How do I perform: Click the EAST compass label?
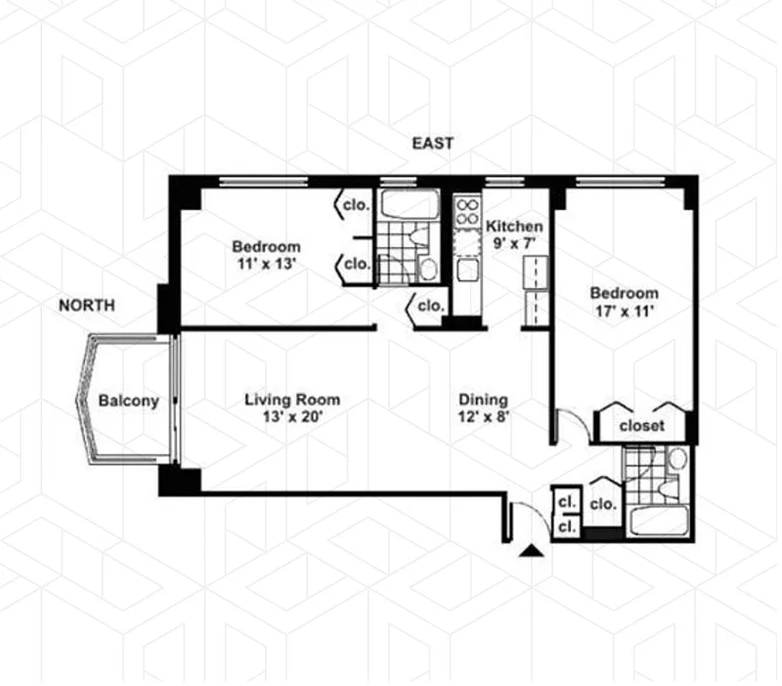pos(432,143)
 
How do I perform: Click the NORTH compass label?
pos(87,304)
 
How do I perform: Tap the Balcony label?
pos(129,400)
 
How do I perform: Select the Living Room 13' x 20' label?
pos(292,407)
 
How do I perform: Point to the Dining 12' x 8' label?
pos(483,407)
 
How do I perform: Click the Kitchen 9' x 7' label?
pos(514,234)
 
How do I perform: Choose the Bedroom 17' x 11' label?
pos(623,301)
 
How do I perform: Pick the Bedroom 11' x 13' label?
pos(266,255)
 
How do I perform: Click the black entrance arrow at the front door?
pos(532,552)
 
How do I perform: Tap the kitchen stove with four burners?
pos(467,212)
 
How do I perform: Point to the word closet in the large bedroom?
pos(641,424)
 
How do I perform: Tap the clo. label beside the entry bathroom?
pos(603,505)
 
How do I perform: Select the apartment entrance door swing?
pos(525,518)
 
